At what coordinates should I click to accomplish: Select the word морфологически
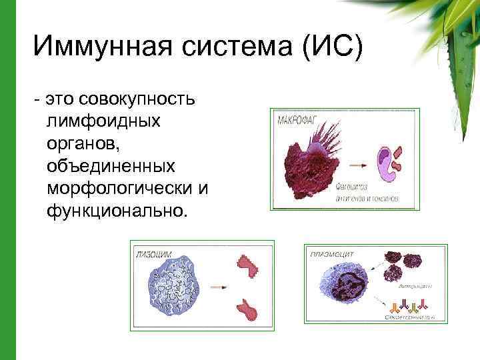[121, 189]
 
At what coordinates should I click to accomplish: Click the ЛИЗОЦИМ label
[155, 253]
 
